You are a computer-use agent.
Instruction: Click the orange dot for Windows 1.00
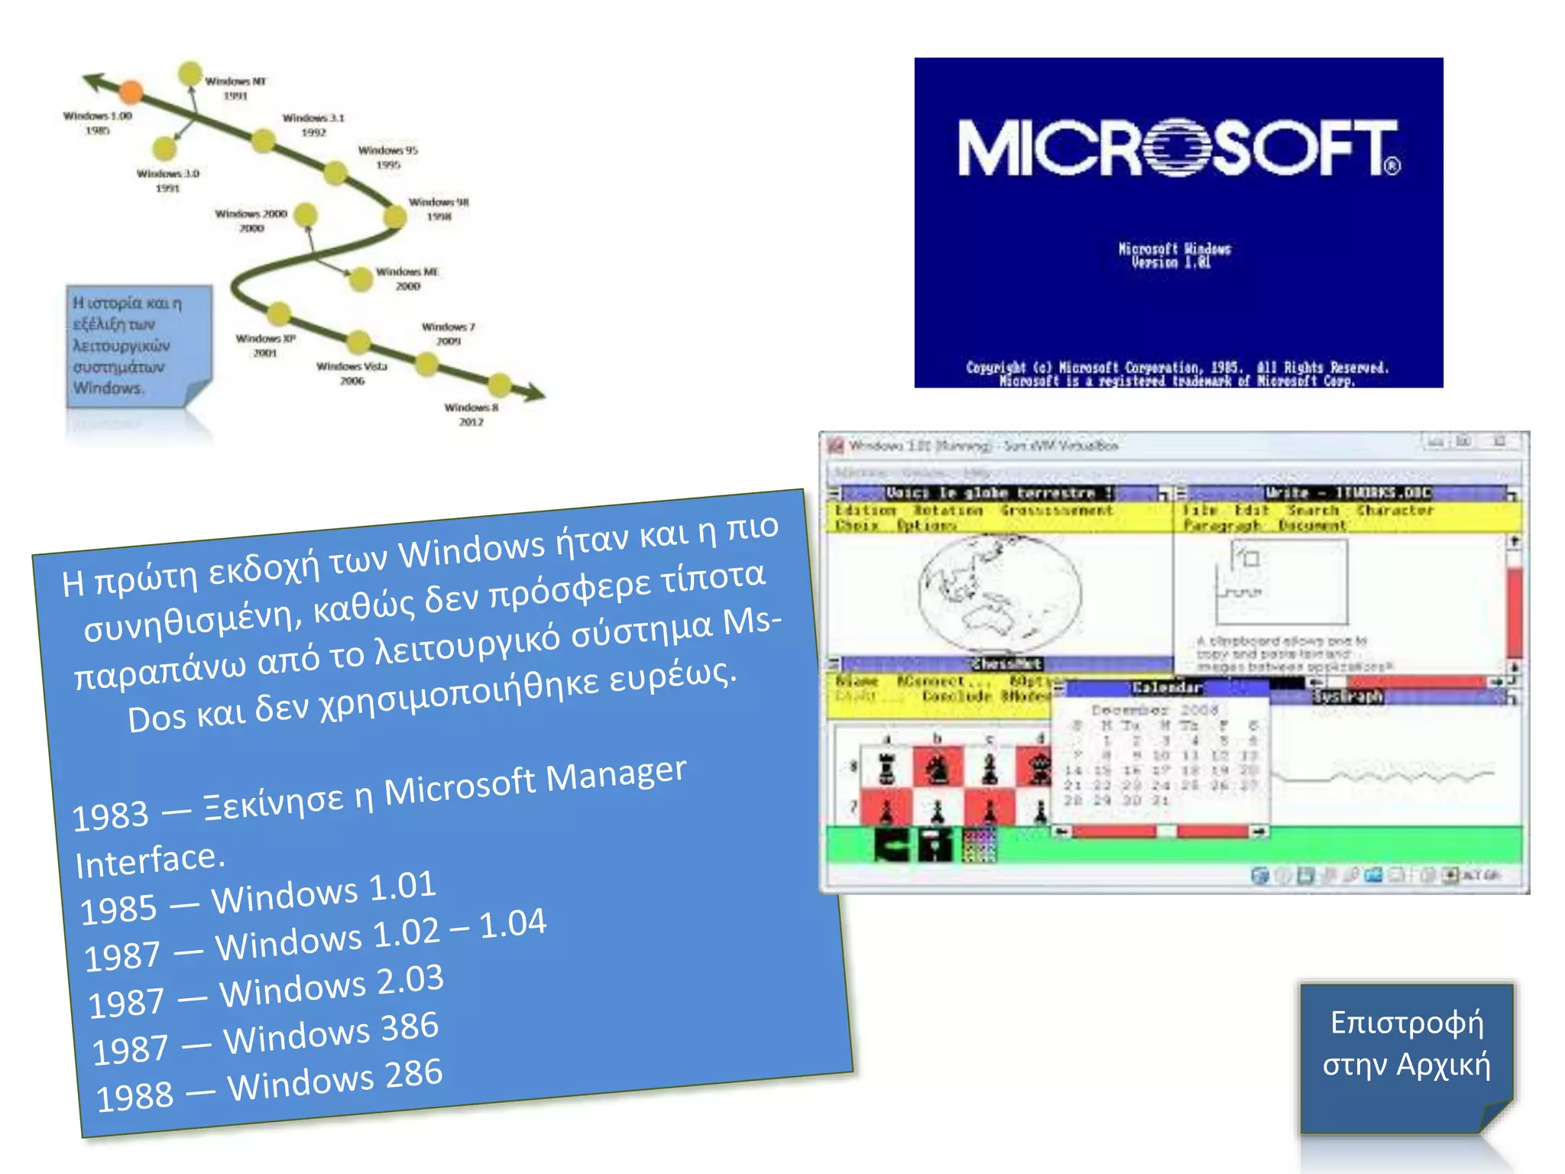click(131, 92)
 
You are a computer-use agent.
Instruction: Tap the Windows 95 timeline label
click(388, 157)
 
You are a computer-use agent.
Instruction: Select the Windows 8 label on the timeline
click(471, 413)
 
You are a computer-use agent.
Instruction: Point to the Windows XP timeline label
click(265, 345)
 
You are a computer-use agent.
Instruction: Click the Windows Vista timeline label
click(352, 373)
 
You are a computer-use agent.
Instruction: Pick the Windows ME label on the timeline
click(407, 278)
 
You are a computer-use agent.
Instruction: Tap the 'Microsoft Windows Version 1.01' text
click(1175, 255)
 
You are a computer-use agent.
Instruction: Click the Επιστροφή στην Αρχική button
click(1407, 1044)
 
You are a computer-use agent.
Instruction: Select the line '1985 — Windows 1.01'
click(258, 898)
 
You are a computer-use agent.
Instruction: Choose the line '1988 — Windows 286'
click(269, 1086)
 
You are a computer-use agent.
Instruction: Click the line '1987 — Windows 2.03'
click(266, 991)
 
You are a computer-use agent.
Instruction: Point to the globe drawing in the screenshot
click(1000, 593)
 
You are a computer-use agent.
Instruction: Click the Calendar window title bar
click(1167, 688)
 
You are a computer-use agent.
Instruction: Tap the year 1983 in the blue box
click(110, 816)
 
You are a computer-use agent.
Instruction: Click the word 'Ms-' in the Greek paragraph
click(752, 623)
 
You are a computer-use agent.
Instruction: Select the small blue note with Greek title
click(138, 346)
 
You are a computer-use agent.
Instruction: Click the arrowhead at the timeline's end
click(534, 394)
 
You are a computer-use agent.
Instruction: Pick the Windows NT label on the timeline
click(235, 88)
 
